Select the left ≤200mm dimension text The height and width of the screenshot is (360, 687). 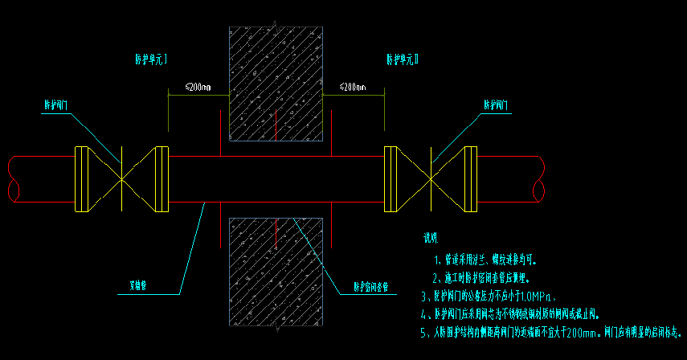(x=197, y=86)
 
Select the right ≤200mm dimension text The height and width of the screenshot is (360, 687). (x=353, y=86)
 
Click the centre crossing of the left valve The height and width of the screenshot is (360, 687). (x=121, y=178)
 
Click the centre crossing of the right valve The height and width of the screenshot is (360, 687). (x=432, y=178)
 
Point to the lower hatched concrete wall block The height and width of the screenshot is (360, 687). (x=276, y=273)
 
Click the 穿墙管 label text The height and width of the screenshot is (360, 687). (x=141, y=284)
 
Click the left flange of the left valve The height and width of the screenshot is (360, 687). (x=81, y=178)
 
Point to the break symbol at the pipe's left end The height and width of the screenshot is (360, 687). (x=10, y=178)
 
